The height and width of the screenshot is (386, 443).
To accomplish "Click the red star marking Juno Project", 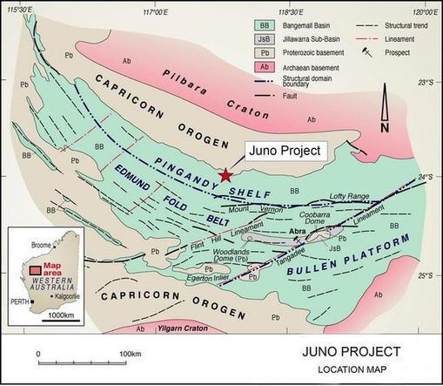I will [x=227, y=174].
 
